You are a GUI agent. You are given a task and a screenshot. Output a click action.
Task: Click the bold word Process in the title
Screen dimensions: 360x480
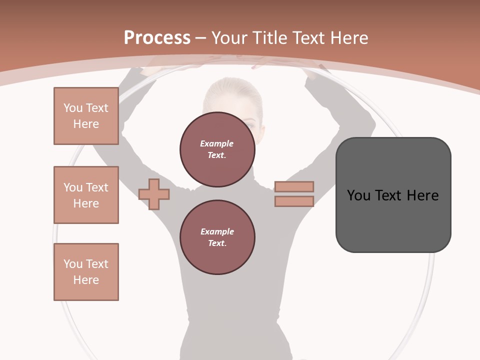[x=157, y=38]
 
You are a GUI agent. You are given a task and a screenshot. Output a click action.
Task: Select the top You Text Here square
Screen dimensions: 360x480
[x=86, y=116]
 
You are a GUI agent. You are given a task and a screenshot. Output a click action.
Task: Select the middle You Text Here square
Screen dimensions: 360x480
[x=86, y=195]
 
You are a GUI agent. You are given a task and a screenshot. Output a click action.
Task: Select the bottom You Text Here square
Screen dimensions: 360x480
[x=86, y=272]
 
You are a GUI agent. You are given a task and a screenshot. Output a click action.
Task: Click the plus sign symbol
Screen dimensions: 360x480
[x=154, y=194]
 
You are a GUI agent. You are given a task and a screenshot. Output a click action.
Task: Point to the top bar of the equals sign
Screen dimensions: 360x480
[x=294, y=187]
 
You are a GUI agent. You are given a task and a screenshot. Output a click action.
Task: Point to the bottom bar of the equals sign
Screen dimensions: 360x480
[x=294, y=201]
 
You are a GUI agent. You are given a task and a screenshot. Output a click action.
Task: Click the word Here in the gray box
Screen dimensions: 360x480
[x=422, y=195]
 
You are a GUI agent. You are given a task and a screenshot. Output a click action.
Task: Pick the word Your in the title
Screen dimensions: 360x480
[x=229, y=38]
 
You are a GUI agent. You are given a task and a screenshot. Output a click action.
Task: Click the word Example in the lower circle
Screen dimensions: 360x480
[x=217, y=231]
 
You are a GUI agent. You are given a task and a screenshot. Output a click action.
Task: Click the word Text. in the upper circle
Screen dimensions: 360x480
[x=217, y=155]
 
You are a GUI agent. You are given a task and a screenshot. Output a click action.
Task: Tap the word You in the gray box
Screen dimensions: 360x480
[x=359, y=195]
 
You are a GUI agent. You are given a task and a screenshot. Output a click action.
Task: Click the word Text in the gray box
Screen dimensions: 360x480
[x=389, y=195]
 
